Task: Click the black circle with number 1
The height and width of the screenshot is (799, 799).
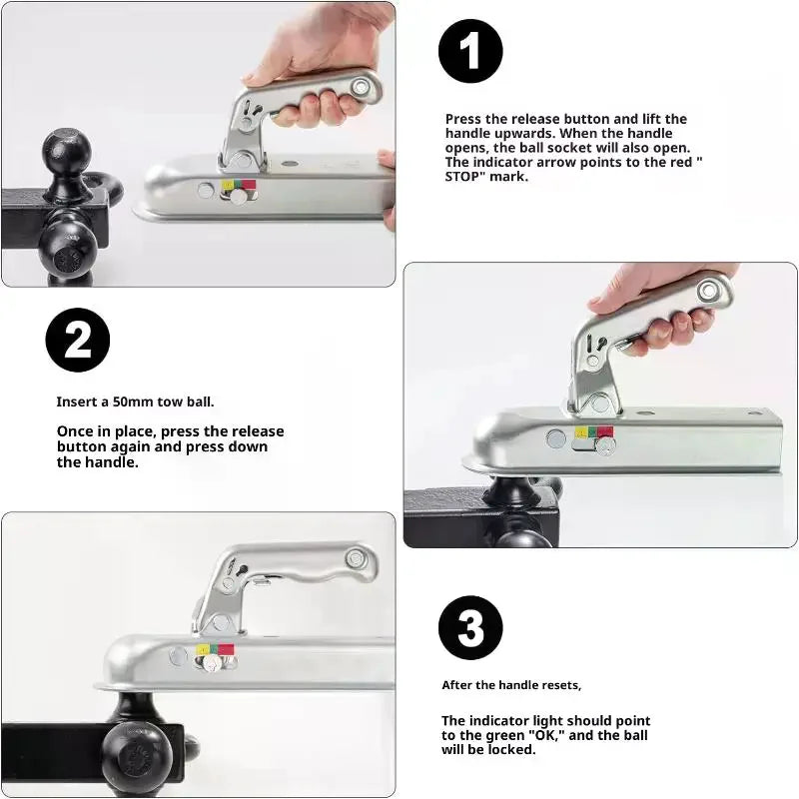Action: click(x=470, y=51)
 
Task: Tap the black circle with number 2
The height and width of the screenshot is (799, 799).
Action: click(x=78, y=340)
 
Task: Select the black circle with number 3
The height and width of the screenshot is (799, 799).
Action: click(x=470, y=628)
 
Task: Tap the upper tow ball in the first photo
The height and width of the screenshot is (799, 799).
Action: click(x=67, y=152)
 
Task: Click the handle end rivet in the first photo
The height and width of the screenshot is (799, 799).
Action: click(x=361, y=86)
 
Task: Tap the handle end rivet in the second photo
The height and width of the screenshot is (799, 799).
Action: click(x=708, y=291)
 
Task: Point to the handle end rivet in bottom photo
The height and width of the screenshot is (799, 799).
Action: click(x=356, y=558)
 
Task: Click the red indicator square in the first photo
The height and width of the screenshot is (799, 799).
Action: click(x=249, y=185)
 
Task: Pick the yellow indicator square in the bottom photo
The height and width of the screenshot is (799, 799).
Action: click(x=203, y=650)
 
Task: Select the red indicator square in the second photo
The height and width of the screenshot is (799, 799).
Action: click(x=605, y=432)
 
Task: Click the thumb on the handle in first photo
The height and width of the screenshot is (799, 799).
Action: click(x=255, y=78)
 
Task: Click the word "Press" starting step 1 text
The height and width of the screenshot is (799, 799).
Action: click(x=462, y=119)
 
